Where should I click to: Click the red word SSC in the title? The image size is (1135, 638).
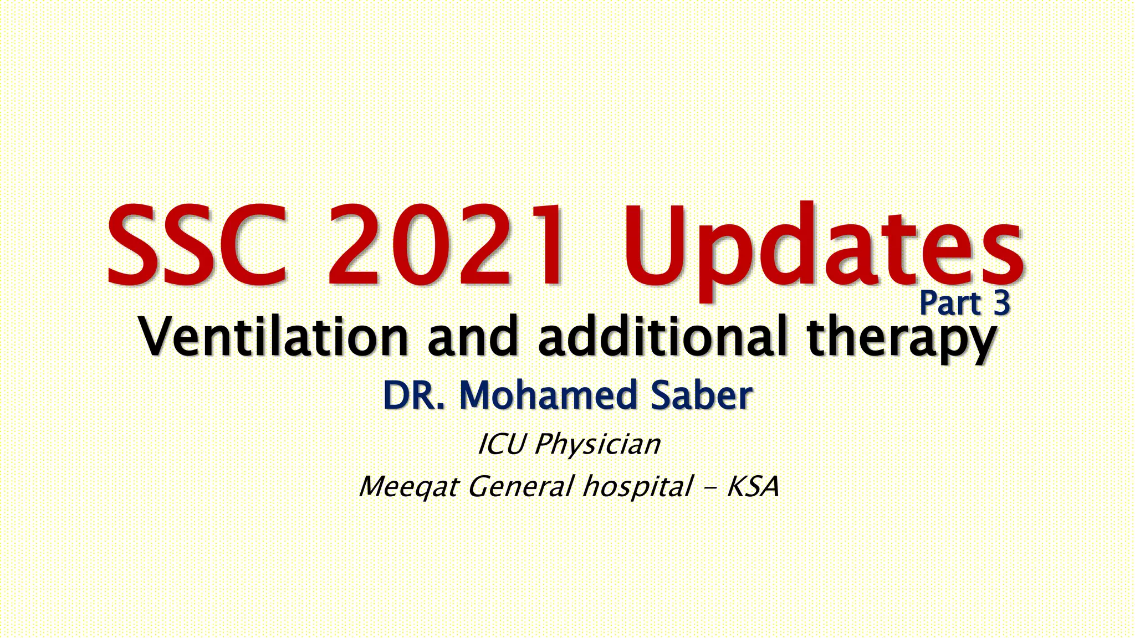tap(197, 245)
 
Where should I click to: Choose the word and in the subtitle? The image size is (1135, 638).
tap(472, 336)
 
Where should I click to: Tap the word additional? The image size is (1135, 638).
tap(663, 336)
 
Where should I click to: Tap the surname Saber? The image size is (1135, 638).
tap(701, 395)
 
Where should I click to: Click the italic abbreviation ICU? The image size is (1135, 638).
tap(500, 444)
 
